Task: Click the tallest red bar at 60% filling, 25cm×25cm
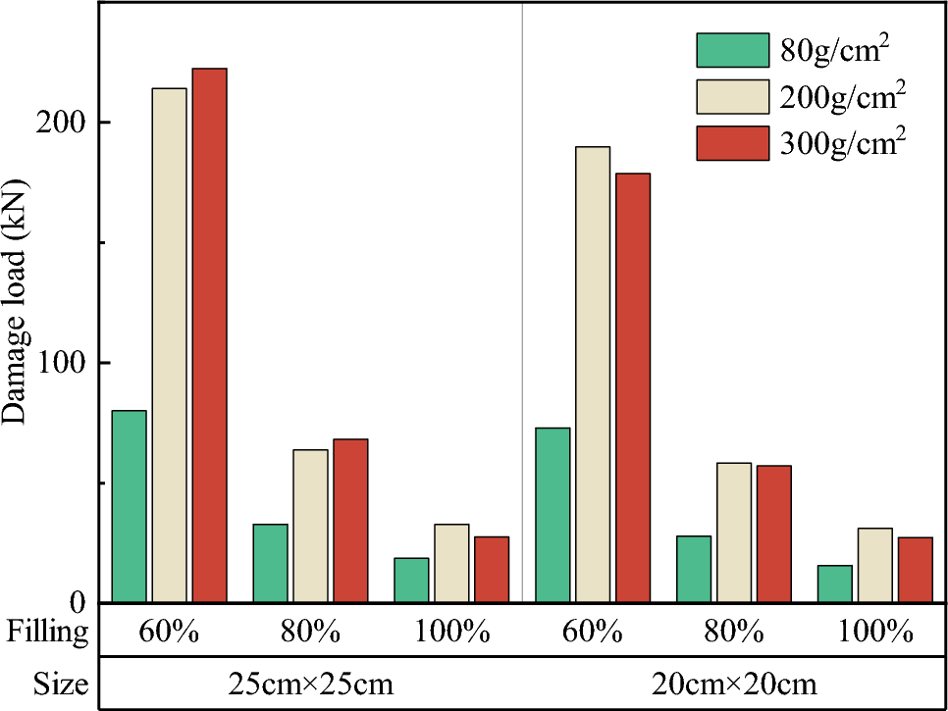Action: tap(209, 334)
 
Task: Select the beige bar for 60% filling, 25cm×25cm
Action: tap(169, 344)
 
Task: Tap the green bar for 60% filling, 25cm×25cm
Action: tap(129, 506)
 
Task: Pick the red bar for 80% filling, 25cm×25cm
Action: tap(350, 520)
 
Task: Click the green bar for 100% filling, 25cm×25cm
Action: tap(411, 580)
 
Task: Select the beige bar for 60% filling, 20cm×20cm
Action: tap(593, 374)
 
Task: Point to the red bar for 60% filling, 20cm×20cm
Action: tap(633, 387)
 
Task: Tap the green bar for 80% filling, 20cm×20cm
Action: tap(694, 569)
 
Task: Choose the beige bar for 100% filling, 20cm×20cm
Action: tap(875, 565)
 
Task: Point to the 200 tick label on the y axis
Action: tap(67, 123)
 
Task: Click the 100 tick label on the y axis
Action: tap(67, 363)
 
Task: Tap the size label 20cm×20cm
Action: tap(734, 684)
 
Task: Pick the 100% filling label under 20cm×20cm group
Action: tap(875, 631)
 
